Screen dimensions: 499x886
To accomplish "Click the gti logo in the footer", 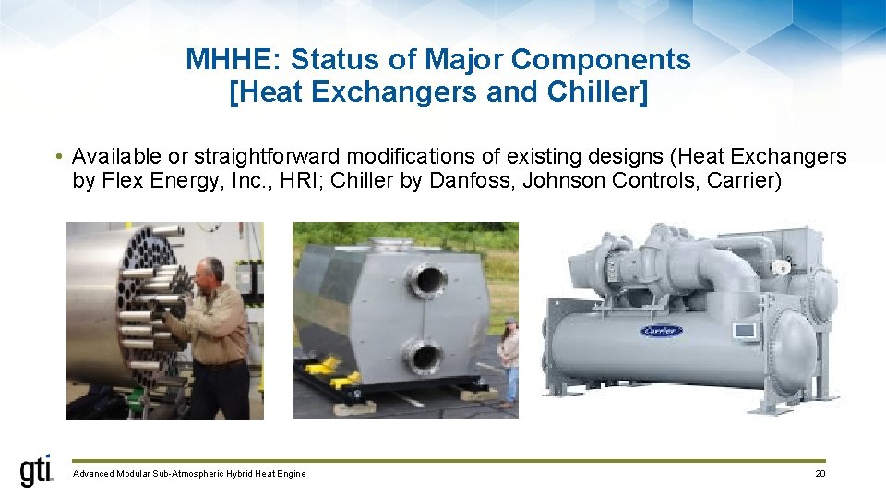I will pos(37,471).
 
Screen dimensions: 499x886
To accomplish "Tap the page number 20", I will pos(820,474).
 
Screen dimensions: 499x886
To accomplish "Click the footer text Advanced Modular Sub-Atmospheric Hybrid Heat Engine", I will pos(189,474).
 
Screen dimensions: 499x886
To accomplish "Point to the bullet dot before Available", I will pos(58,157).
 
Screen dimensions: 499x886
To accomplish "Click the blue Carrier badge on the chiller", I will pos(661,331).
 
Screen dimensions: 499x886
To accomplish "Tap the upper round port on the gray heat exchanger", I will pos(427,279).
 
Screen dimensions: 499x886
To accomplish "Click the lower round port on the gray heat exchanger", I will pos(425,356).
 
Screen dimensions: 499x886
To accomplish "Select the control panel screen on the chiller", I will pos(743,330).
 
